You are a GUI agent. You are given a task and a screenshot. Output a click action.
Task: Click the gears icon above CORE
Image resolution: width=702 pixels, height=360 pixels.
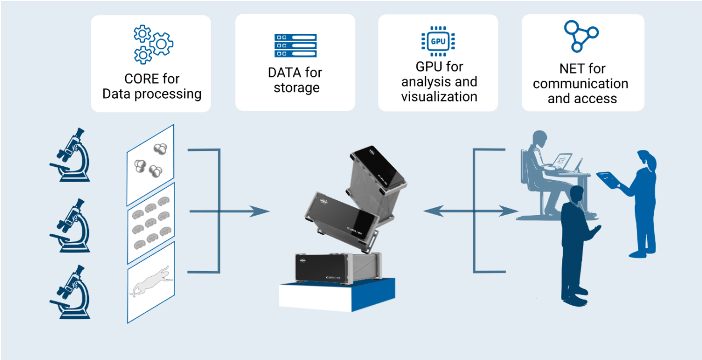tap(152, 44)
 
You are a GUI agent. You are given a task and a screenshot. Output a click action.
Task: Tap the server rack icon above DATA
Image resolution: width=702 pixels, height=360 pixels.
tap(296, 46)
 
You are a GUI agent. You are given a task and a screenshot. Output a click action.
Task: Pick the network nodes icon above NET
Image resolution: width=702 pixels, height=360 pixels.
tap(581, 36)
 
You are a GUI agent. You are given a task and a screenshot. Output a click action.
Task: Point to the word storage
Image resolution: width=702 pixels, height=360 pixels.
tap(297, 87)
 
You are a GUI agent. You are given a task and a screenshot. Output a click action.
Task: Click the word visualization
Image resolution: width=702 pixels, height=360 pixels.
tap(439, 97)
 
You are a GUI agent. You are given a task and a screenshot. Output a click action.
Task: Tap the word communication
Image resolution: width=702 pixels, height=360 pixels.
tap(580, 84)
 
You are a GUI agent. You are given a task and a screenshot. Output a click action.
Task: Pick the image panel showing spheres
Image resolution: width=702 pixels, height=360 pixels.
tap(150, 164)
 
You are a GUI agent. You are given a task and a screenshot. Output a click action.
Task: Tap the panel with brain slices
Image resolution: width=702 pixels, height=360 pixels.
tap(151, 222)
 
